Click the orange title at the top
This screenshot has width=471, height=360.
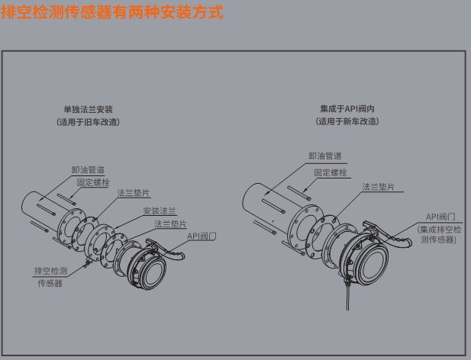(112, 13)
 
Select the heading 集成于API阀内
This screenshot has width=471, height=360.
(347, 110)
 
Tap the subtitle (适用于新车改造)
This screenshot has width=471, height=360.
(347, 122)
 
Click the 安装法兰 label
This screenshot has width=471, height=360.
(160, 210)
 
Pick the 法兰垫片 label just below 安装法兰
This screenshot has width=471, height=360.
(170, 223)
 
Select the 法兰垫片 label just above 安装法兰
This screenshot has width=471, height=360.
(134, 195)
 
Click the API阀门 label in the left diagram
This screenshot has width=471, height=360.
(202, 236)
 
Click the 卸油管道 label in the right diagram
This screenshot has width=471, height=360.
(324, 156)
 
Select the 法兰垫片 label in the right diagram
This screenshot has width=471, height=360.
(379, 187)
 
